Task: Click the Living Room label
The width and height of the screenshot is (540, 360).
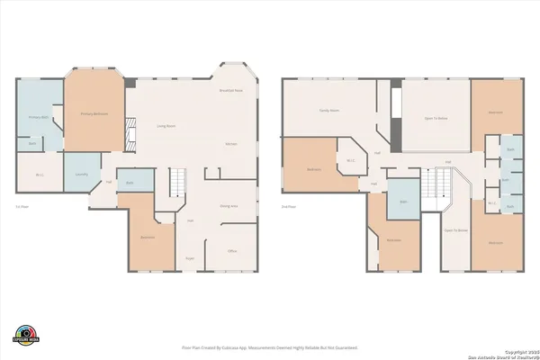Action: click(166, 127)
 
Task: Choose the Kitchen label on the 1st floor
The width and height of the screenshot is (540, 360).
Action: click(230, 144)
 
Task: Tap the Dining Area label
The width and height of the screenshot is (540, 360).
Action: click(229, 206)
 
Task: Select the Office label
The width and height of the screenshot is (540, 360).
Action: click(231, 251)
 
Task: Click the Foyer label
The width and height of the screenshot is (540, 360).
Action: click(190, 258)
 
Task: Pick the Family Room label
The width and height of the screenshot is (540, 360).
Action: click(329, 110)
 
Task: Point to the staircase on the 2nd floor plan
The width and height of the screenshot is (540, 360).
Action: click(441, 185)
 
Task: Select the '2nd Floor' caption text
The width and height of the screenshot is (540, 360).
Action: click(289, 206)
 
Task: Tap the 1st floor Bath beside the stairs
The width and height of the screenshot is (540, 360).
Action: click(130, 183)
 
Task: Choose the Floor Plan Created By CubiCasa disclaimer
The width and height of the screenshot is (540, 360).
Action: click(270, 347)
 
